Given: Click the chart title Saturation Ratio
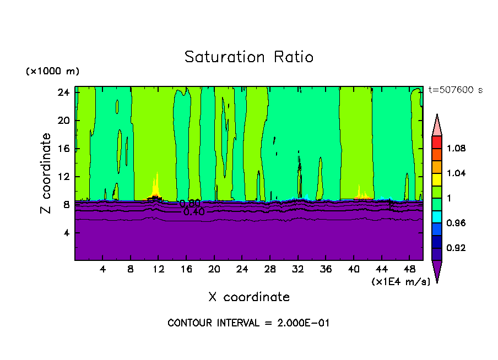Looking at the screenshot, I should (x=248, y=57).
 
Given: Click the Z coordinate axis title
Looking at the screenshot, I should (x=47, y=173).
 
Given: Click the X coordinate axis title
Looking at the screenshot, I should (x=248, y=297).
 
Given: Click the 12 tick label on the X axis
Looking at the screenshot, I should (x=159, y=270).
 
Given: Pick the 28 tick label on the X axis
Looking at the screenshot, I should (x=270, y=270).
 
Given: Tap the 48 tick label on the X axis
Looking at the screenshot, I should (x=409, y=270).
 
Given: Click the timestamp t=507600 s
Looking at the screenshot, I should (x=456, y=90).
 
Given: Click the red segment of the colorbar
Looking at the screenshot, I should (x=436, y=142).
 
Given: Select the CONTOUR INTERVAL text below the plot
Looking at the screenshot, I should (x=248, y=323).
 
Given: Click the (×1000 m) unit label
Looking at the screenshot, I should (x=52, y=72).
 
